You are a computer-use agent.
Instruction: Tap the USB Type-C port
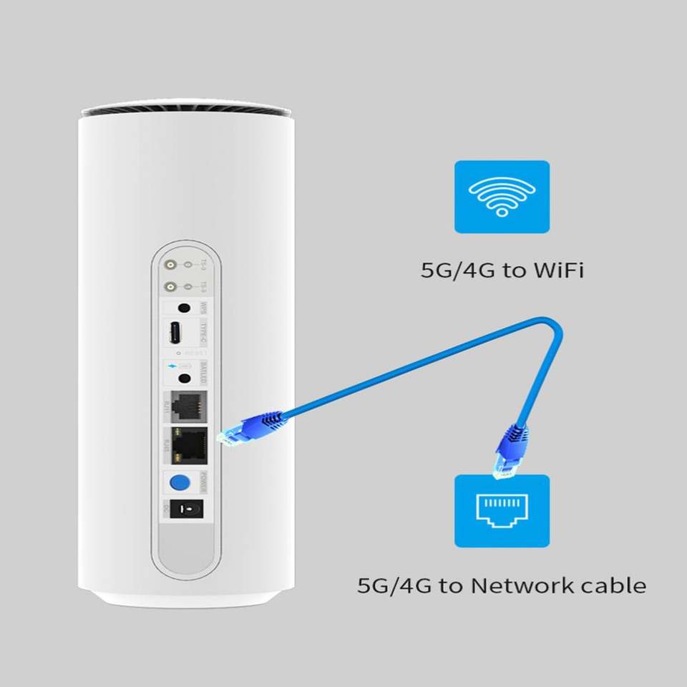click(x=175, y=332)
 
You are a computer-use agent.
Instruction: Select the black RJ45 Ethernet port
click(x=188, y=444)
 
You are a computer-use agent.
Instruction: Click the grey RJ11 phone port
click(x=187, y=406)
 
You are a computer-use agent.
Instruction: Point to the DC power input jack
click(x=184, y=510)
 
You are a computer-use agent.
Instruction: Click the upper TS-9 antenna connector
click(x=171, y=265)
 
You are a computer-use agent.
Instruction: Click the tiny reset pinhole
click(x=177, y=353)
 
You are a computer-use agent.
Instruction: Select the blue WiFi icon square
click(x=502, y=197)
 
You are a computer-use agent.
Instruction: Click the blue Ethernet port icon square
click(x=502, y=510)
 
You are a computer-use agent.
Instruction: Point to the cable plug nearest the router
click(x=247, y=431)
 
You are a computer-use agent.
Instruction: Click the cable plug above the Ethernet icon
click(x=510, y=449)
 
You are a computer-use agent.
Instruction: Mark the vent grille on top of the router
click(x=186, y=112)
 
